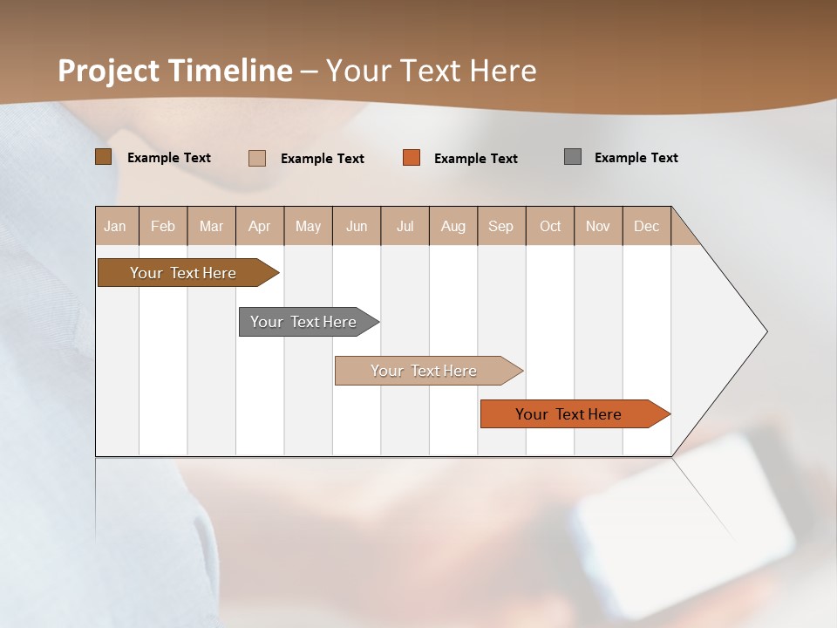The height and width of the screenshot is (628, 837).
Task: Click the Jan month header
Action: [x=116, y=226]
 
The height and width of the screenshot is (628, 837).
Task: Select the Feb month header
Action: [x=163, y=226]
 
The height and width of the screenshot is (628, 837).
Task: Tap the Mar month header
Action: [x=211, y=226]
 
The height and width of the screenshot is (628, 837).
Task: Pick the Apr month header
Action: [x=260, y=226]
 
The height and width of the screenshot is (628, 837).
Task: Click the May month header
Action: [x=308, y=226]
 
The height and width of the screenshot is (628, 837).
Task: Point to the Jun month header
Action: [x=357, y=226]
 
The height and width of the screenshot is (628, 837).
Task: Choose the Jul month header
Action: [x=405, y=226]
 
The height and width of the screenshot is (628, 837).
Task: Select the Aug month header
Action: [x=453, y=226]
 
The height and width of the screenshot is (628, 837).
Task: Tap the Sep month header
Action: [x=501, y=226]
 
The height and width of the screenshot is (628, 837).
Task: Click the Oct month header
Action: [x=550, y=226]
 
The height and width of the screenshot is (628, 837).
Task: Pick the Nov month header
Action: [x=598, y=226]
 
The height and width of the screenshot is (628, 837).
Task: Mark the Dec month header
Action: [x=647, y=226]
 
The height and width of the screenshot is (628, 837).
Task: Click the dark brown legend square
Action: [x=104, y=157]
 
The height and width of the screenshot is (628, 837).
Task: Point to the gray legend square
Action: [x=573, y=157]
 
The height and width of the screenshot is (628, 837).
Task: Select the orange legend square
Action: [x=412, y=158]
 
